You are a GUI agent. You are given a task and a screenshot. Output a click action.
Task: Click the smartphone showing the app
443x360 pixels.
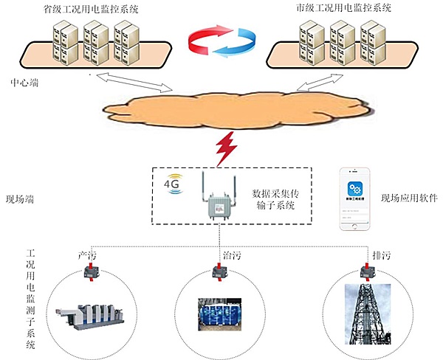[354, 200]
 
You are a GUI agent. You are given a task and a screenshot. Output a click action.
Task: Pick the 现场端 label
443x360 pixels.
[20, 198]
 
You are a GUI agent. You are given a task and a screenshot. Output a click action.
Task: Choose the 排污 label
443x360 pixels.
[381, 255]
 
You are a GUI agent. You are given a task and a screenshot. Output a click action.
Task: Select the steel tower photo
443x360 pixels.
[367, 314]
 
